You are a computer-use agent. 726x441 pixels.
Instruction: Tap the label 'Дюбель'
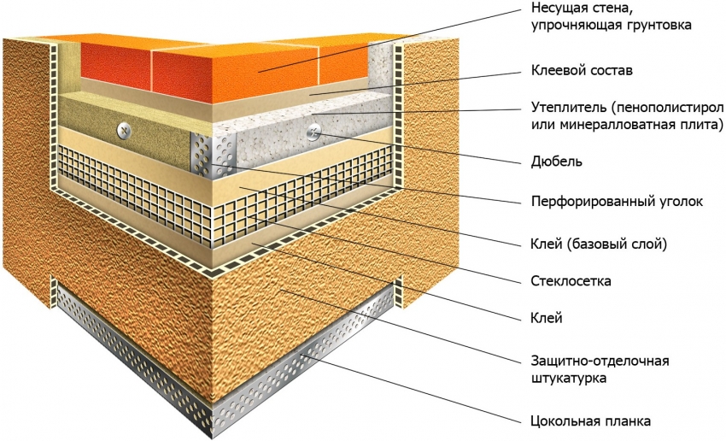click(x=556, y=162)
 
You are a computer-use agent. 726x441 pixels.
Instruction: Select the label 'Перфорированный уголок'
click(x=617, y=202)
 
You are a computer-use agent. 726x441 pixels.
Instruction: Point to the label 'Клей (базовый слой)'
click(x=599, y=244)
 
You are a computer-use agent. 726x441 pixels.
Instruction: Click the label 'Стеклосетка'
click(x=571, y=280)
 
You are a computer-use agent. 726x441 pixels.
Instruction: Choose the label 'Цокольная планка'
click(x=591, y=421)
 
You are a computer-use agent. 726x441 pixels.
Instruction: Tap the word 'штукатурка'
click(x=569, y=378)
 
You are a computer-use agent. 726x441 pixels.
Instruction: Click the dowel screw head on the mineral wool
click(x=124, y=131)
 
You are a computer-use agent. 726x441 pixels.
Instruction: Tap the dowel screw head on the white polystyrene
click(x=313, y=133)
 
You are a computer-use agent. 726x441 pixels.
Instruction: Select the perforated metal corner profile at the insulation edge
click(x=213, y=153)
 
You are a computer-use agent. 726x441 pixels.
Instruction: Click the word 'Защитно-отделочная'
click(x=600, y=361)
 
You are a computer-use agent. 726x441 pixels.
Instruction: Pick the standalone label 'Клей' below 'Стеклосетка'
click(x=547, y=318)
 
